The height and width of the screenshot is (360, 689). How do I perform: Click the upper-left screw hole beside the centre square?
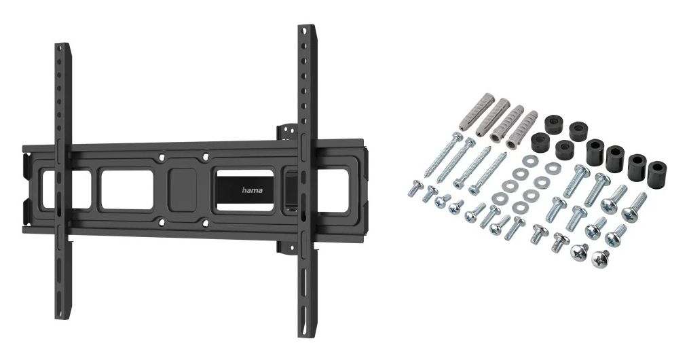pos(161,158)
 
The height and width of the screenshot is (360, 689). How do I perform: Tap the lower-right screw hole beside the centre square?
pos(206,221)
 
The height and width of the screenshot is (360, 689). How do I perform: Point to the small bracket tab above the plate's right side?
pos(286,130)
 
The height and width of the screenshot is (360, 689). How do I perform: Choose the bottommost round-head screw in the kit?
pos(601,258)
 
